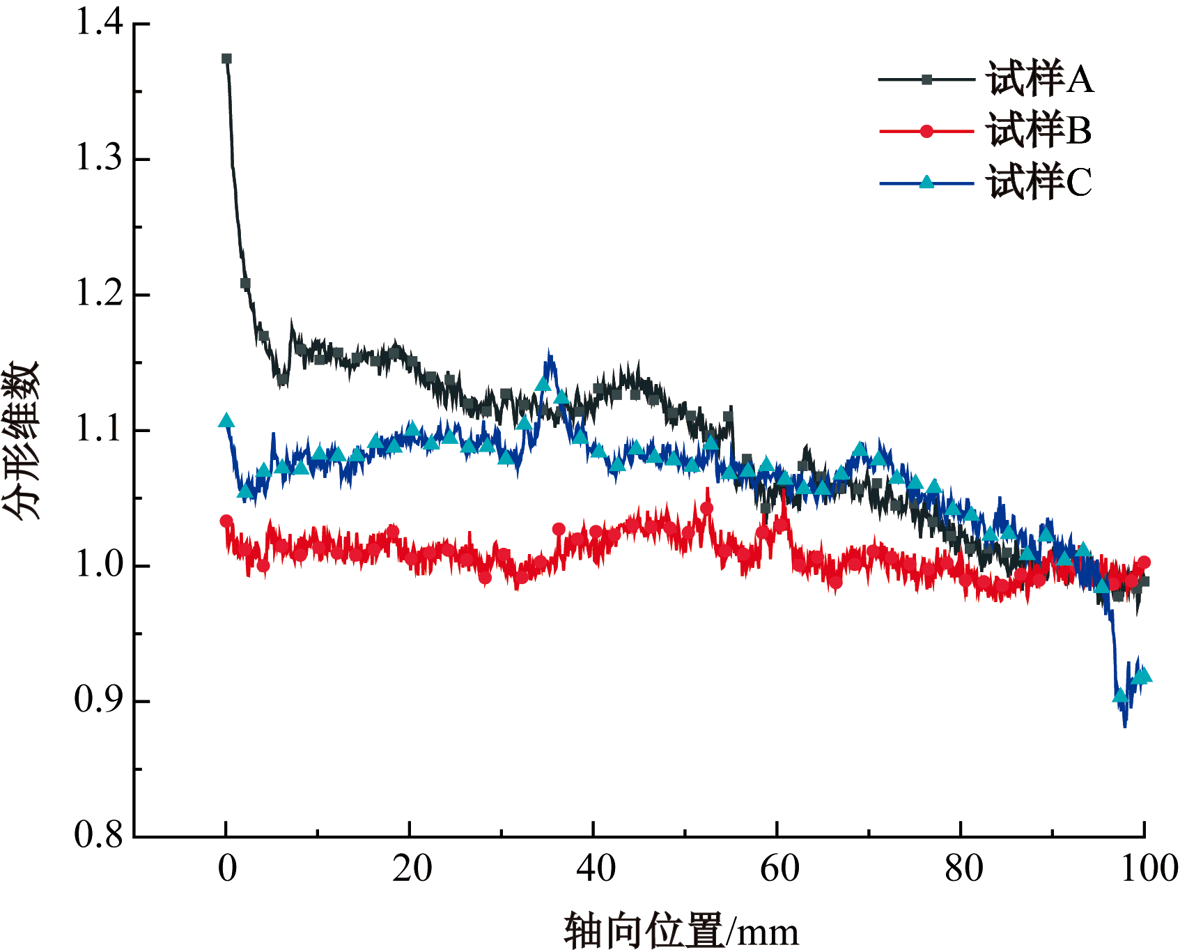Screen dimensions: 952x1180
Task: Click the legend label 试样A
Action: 1039,79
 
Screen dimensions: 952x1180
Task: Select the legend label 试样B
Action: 1038,130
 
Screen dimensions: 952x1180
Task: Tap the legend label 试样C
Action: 1038,183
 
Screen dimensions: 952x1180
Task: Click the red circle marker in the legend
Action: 926,131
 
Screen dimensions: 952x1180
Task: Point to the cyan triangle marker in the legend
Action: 926,183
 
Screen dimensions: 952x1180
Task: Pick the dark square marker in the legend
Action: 926,79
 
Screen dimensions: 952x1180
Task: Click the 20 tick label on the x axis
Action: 411,868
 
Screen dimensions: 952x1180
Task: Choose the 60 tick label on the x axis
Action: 778,868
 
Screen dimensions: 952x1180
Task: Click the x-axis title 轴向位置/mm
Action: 681,931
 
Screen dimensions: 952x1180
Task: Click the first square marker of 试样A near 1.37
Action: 226,59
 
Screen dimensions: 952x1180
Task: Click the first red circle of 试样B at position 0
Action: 226,521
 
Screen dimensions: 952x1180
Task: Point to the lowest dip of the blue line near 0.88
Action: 1124,725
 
